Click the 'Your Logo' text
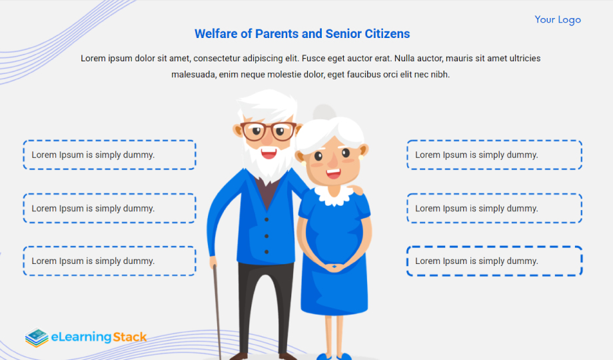click(x=558, y=19)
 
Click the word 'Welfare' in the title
click(x=216, y=33)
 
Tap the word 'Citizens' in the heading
click(x=387, y=33)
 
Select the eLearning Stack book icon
click(x=37, y=337)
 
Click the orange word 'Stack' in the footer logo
click(x=130, y=337)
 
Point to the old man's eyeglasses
click(x=268, y=131)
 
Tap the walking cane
click(x=217, y=312)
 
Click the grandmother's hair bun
click(x=324, y=112)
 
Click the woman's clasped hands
click(x=333, y=268)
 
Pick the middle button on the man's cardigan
click(x=267, y=236)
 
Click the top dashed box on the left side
click(x=109, y=155)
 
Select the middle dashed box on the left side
click(x=109, y=208)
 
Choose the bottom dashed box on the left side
click(x=109, y=261)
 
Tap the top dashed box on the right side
click(x=494, y=155)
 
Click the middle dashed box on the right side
click(x=494, y=208)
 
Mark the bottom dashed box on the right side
click(x=494, y=261)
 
